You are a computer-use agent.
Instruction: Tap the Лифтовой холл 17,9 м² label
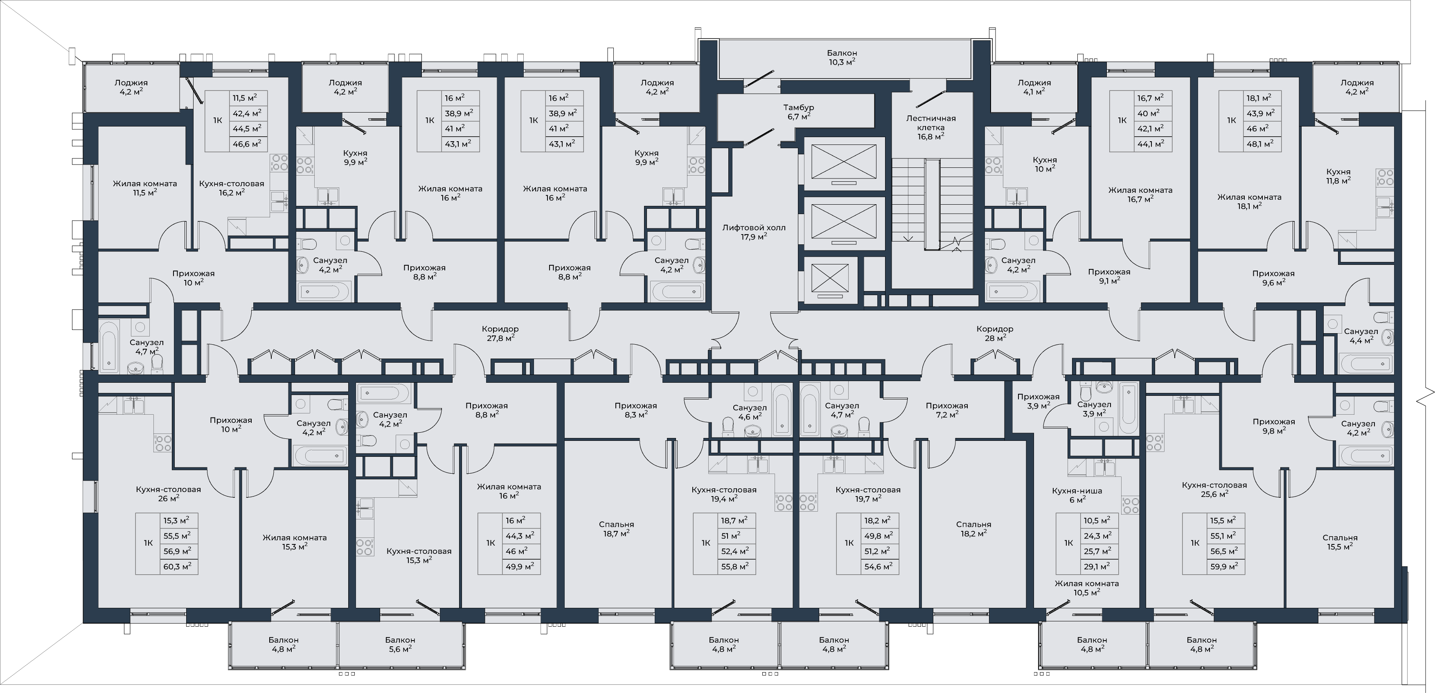click(x=754, y=232)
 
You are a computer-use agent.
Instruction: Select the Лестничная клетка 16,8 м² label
click(x=931, y=127)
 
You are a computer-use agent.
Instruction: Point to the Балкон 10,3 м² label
click(x=842, y=57)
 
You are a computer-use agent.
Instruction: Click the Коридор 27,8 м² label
click(x=500, y=333)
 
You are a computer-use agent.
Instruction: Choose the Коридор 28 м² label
click(x=995, y=333)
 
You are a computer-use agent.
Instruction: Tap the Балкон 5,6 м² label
click(x=400, y=644)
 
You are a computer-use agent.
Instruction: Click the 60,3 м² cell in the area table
click(x=177, y=567)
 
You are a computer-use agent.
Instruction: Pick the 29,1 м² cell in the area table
click(x=1097, y=567)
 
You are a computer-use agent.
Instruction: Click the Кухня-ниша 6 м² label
click(x=1077, y=495)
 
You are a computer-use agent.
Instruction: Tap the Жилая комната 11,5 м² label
click(x=145, y=188)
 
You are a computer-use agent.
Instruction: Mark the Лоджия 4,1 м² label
click(x=1034, y=87)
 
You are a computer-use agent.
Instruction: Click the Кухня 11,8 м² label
click(x=1338, y=176)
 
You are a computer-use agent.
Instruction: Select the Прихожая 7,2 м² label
click(x=947, y=410)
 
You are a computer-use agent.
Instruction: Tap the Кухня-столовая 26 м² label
click(x=168, y=494)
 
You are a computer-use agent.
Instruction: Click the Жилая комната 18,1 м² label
click(x=1249, y=201)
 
